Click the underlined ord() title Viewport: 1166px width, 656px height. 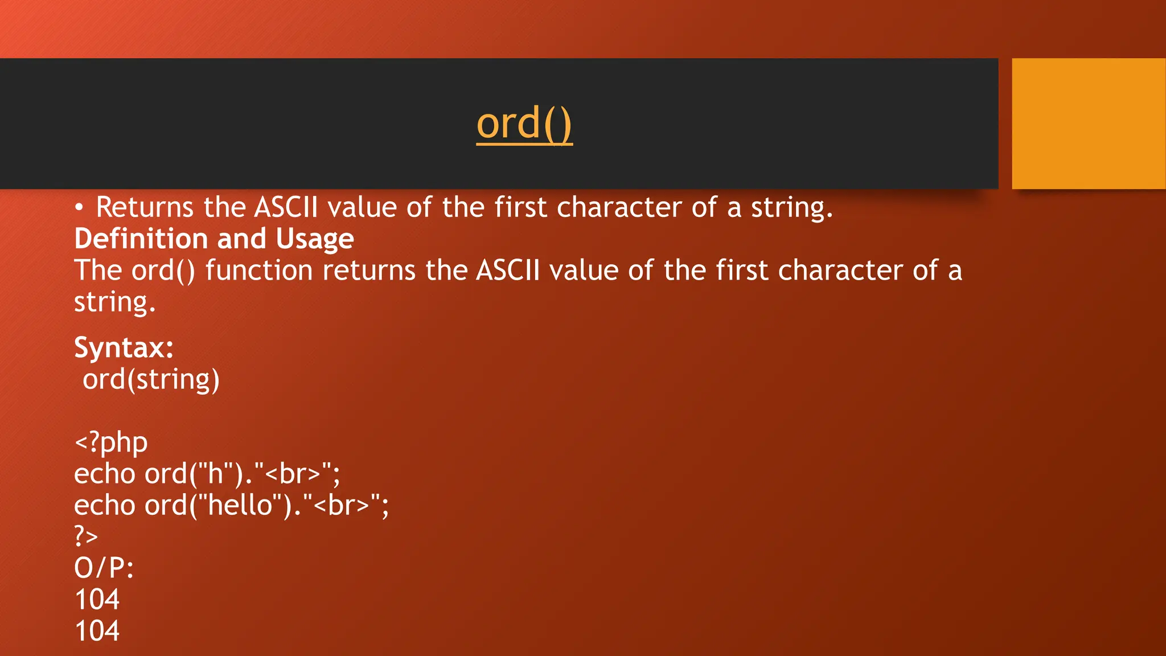click(524, 124)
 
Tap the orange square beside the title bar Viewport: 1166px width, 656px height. click(1089, 124)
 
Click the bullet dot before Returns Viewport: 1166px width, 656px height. click(79, 208)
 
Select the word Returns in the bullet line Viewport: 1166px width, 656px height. click(145, 207)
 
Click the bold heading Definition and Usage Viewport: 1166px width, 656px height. click(214, 239)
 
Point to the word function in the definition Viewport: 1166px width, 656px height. click(259, 270)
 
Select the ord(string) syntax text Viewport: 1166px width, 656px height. click(151, 380)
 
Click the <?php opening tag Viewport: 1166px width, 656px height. click(111, 442)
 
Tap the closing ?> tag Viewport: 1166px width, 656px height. click(86, 536)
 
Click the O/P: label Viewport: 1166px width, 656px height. click(104, 568)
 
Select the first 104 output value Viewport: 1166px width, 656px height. click(97, 600)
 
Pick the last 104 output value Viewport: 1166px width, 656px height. click(97, 631)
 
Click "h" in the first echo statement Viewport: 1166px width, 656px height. click(216, 474)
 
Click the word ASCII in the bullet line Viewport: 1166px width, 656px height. click(286, 207)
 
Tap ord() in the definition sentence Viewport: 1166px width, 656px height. click(163, 270)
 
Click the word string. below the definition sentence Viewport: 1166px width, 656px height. click(114, 302)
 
